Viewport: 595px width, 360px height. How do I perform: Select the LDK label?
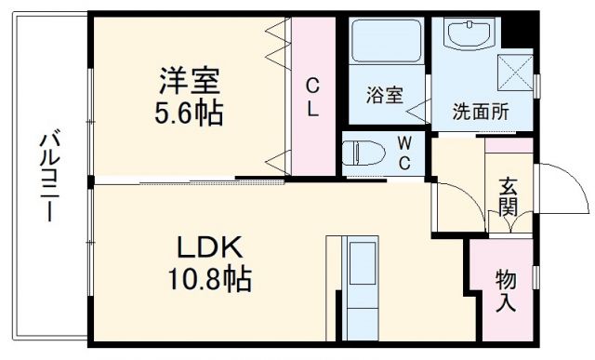pyautogui.click(x=211, y=247)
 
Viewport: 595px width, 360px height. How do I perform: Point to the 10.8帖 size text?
pyautogui.click(x=211, y=279)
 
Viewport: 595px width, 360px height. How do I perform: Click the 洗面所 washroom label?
pyautogui.click(x=481, y=113)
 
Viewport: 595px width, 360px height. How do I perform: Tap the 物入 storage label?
pyautogui.click(x=507, y=290)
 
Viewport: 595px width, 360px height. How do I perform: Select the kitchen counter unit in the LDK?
pyautogui.click(x=360, y=287)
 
